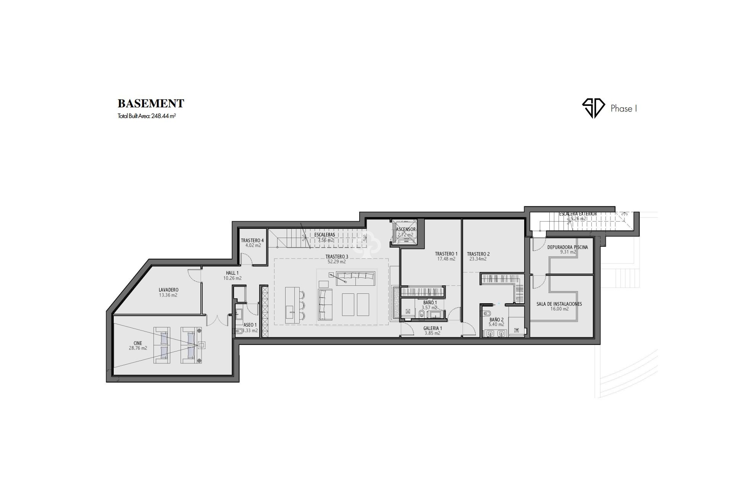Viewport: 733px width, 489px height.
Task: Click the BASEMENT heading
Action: click(x=151, y=104)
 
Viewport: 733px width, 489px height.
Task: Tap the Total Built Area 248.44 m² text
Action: click(x=147, y=116)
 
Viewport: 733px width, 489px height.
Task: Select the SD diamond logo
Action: click(x=593, y=108)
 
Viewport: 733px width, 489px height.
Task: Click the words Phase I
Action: click(x=624, y=108)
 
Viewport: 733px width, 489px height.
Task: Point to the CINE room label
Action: click(x=138, y=343)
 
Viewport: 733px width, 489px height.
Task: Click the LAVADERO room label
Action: click(x=168, y=290)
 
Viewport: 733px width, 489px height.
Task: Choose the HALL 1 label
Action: click(x=232, y=273)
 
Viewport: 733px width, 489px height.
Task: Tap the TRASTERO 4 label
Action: click(x=252, y=241)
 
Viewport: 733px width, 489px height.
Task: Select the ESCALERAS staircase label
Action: click(x=325, y=235)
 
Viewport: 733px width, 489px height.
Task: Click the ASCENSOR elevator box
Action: click(x=405, y=232)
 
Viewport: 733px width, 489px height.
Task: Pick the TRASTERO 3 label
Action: click(x=336, y=257)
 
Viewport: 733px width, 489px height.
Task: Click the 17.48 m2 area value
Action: click(x=446, y=259)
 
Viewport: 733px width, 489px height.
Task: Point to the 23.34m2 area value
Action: click(x=478, y=259)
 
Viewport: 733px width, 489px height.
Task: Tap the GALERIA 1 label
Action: click(x=433, y=328)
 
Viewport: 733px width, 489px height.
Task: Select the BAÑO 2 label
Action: click(x=496, y=320)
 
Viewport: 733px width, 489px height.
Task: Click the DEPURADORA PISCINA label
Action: click(x=567, y=247)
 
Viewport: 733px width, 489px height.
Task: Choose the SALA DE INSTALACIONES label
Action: click(x=559, y=304)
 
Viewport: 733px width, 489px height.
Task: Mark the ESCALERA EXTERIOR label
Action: click(x=578, y=214)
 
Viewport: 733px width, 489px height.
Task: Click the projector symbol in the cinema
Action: click(x=202, y=345)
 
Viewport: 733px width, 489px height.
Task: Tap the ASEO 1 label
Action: click(x=250, y=325)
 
